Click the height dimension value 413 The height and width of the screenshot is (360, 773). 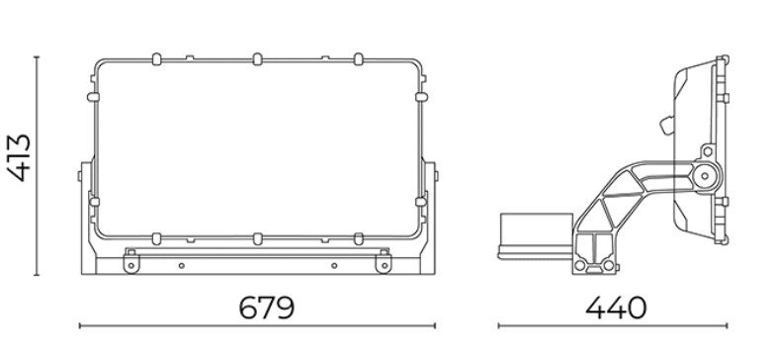point(19,157)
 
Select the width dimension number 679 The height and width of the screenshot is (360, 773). point(266,308)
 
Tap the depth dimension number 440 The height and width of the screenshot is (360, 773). point(616,308)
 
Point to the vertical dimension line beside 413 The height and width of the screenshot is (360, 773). point(37,166)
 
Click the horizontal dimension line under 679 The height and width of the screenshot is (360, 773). point(257,325)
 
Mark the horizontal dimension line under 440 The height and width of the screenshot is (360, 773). point(613,325)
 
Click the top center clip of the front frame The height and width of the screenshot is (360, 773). point(257,59)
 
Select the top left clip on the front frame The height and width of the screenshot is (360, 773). point(157,59)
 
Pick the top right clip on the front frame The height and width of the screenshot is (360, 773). point(359,59)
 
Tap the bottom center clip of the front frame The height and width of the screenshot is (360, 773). point(257,239)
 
